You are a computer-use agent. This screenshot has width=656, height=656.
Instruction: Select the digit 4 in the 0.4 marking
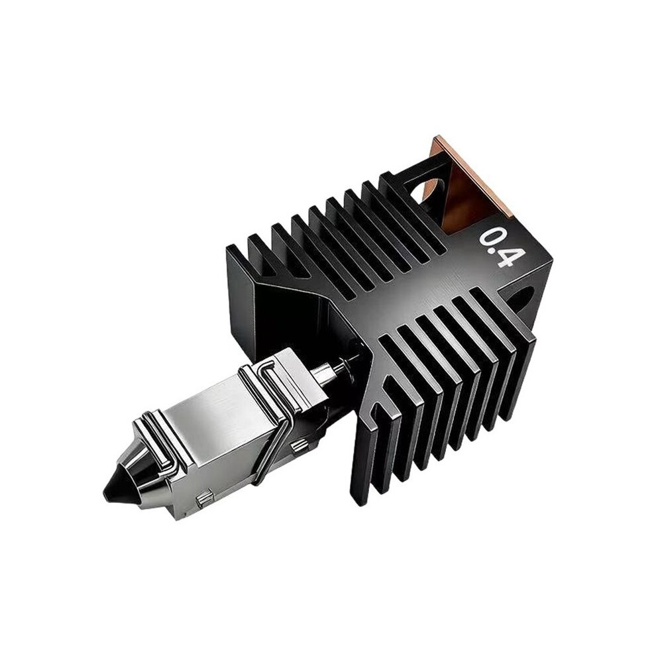point(506,259)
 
